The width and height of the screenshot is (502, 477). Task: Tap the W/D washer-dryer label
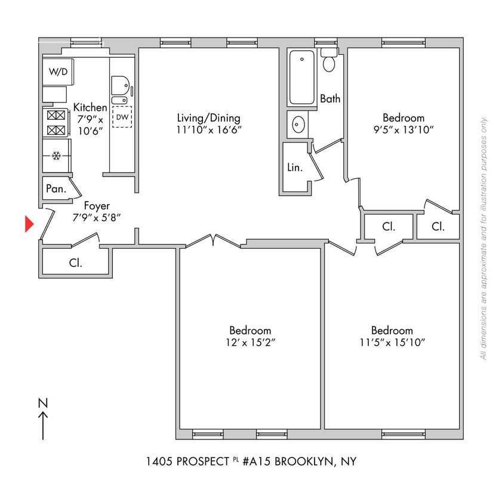click(58, 72)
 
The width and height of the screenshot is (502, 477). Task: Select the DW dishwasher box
click(122, 117)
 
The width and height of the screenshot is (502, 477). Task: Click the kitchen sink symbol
click(121, 86)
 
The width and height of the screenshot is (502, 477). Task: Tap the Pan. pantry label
click(56, 189)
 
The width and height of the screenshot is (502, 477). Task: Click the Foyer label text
click(97, 207)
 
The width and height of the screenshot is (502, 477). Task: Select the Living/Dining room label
click(208, 117)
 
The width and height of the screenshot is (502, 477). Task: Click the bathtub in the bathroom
click(301, 78)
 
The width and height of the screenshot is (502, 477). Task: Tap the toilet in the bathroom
click(329, 60)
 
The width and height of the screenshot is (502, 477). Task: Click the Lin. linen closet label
click(295, 168)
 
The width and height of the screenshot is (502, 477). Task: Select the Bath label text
click(330, 98)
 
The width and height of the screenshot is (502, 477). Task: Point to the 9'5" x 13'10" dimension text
click(404, 129)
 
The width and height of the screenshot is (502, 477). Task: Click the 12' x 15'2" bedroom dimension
click(250, 342)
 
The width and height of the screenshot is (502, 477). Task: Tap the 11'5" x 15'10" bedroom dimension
click(392, 342)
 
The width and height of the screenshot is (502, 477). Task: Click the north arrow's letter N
click(42, 402)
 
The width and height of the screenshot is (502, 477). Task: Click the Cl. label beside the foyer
click(75, 262)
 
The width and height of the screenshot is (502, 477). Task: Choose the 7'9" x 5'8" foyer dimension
click(97, 218)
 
